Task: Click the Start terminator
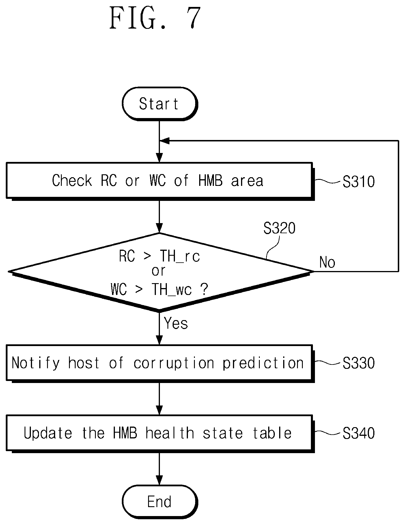(160, 104)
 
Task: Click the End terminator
(160, 501)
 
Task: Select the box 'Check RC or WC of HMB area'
(159, 181)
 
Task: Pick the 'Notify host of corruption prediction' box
(159, 363)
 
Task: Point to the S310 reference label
(359, 182)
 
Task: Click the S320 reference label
(279, 228)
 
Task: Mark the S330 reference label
(359, 363)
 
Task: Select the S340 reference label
(359, 433)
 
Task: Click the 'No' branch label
(327, 262)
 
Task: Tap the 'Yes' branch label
(176, 323)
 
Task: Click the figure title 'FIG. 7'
(155, 18)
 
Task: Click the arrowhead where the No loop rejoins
(165, 141)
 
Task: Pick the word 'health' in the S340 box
(169, 433)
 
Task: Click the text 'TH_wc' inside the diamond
(171, 289)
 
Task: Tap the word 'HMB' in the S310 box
(210, 181)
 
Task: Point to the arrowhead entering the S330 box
(159, 339)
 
